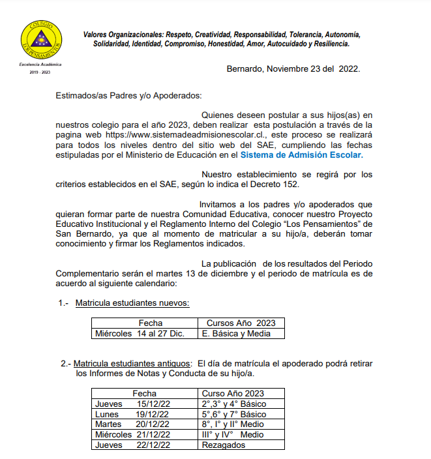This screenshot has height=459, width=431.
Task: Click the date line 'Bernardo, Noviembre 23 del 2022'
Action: click(293, 68)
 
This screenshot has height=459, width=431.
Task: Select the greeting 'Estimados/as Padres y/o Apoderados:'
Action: click(128, 95)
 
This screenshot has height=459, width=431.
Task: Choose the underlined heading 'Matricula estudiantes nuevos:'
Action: click(132, 303)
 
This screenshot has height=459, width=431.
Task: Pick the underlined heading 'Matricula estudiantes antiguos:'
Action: click(132, 363)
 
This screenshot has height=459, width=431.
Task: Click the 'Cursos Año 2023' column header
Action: click(241, 323)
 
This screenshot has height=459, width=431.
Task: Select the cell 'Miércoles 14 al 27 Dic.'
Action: click(140, 333)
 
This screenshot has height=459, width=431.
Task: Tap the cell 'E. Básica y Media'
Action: click(235, 333)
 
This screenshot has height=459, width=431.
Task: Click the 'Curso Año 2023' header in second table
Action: click(233, 393)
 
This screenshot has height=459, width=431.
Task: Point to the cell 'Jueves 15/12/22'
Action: click(132, 404)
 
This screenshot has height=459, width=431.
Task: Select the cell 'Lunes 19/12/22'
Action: click(132, 414)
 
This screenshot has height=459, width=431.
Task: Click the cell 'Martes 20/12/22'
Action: click(132, 424)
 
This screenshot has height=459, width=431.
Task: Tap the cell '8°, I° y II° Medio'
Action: click(233, 424)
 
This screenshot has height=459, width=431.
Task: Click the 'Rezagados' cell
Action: click(224, 445)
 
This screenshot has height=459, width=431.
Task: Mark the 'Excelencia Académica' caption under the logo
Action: click(40, 65)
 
